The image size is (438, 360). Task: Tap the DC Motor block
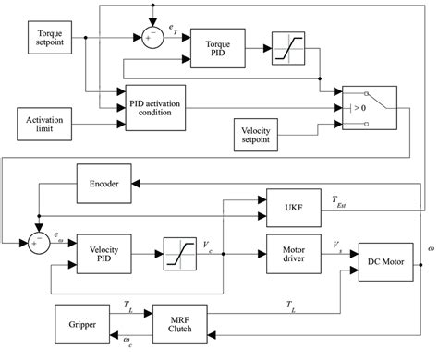[x=385, y=262]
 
